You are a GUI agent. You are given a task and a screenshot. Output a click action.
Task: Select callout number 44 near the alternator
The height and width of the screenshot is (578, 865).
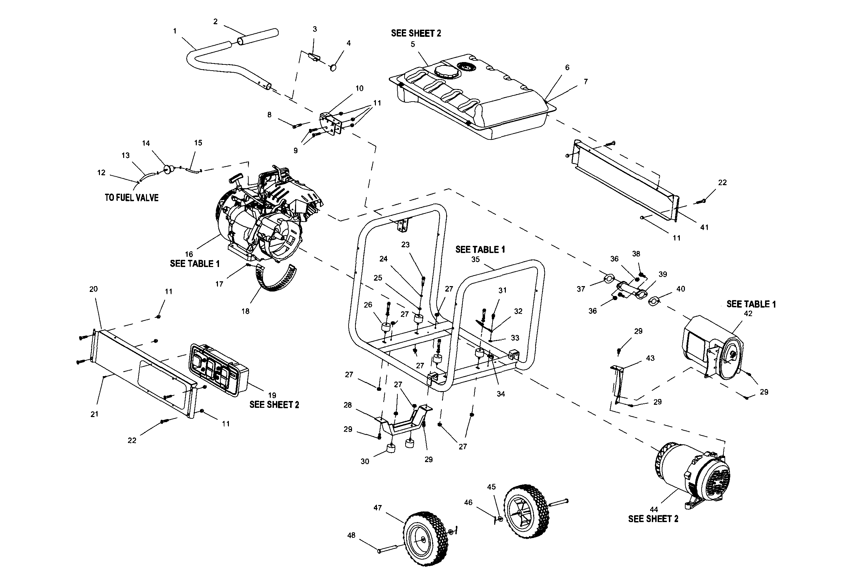(654, 509)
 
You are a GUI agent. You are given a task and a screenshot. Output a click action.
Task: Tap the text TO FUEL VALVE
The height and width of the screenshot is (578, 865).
(132, 198)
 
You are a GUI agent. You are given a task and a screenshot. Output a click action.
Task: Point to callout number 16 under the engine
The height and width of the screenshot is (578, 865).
(189, 254)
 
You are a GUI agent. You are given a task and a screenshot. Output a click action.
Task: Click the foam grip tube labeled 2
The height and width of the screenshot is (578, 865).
(258, 37)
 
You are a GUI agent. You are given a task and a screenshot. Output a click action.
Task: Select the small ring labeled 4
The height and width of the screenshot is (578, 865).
(333, 68)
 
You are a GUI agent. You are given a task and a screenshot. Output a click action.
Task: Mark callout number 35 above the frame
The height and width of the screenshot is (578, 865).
(475, 260)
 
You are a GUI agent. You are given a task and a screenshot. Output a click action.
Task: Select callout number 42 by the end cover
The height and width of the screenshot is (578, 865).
(748, 314)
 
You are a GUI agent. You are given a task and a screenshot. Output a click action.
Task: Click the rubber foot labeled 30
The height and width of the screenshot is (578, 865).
(391, 449)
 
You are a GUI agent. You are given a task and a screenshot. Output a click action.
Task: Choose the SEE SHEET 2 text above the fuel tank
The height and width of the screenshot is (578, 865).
(416, 33)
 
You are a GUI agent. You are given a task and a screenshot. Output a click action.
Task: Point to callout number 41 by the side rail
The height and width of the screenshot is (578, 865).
(704, 228)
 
